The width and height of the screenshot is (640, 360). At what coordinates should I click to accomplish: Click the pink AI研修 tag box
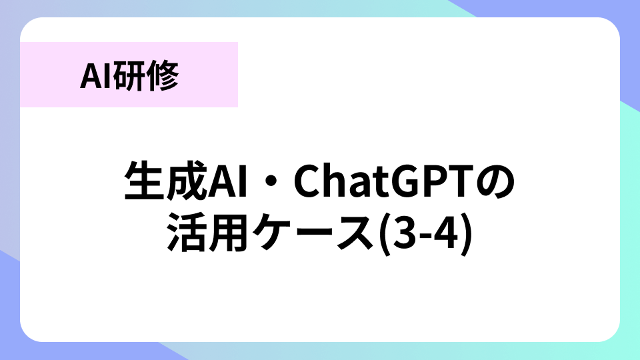(x=129, y=75)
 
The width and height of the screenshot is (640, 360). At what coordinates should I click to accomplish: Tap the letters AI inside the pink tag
(x=96, y=76)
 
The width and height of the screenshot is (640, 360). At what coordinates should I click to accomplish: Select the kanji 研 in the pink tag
(x=129, y=76)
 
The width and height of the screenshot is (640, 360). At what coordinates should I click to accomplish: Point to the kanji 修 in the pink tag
(x=163, y=76)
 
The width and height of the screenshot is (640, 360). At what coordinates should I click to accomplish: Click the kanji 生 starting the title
(x=145, y=181)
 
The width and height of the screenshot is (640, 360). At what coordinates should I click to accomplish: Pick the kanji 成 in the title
(x=186, y=181)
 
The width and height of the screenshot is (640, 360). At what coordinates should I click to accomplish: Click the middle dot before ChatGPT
(x=270, y=181)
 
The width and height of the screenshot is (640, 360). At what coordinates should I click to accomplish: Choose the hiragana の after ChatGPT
(x=494, y=182)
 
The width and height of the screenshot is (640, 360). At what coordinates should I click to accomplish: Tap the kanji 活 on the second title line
(x=187, y=232)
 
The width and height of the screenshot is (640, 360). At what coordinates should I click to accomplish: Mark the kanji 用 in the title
(x=228, y=232)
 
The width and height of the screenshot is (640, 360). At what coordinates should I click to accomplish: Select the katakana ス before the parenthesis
(x=353, y=233)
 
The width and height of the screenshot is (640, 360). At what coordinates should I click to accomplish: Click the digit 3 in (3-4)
(x=405, y=233)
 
